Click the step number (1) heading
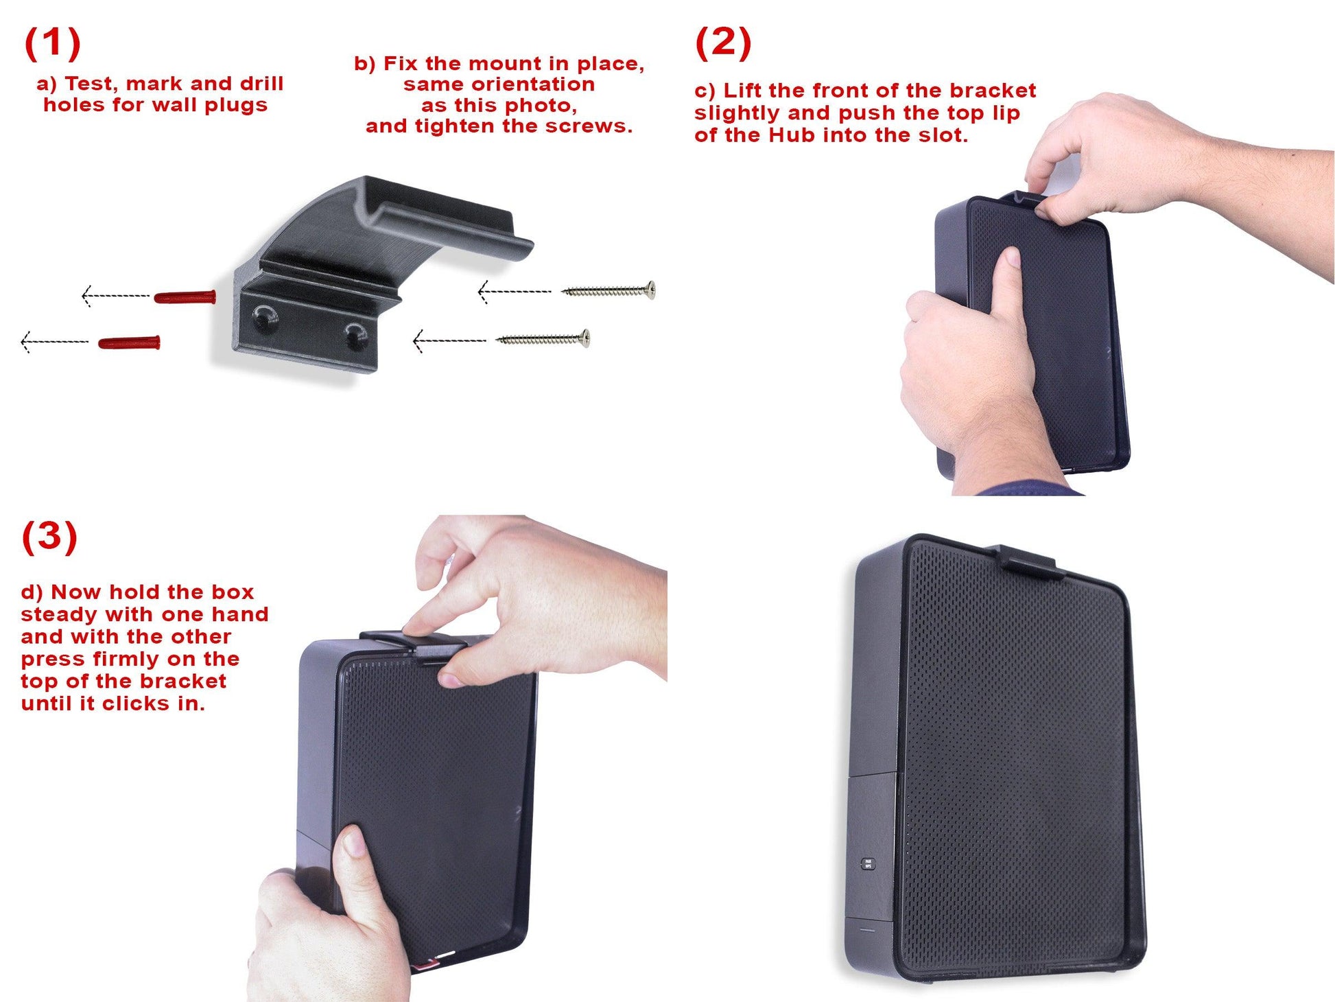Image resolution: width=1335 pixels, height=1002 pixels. (53, 43)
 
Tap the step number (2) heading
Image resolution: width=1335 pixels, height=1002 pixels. (723, 43)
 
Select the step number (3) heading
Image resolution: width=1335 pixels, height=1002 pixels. (50, 536)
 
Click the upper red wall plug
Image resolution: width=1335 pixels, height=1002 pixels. (185, 297)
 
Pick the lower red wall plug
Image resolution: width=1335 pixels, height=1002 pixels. (130, 342)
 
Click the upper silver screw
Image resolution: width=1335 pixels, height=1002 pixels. (609, 291)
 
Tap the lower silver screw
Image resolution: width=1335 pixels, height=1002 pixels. (543, 338)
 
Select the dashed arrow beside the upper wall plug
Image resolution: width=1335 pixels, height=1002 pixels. (115, 296)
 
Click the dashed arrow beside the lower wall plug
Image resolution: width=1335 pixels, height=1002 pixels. (55, 341)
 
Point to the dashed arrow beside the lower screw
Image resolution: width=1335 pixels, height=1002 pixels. (449, 340)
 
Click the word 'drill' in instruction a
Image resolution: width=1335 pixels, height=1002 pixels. (261, 84)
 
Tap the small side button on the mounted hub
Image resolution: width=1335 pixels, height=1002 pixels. (868, 863)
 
